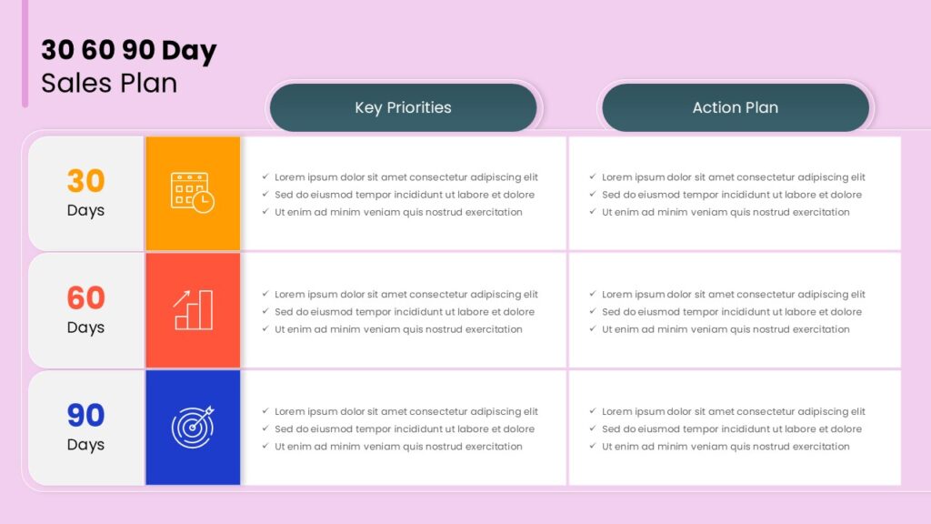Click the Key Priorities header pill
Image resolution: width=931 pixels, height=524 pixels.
point(403,107)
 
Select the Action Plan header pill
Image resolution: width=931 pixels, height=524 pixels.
point(735,107)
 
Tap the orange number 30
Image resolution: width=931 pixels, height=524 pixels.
point(85,181)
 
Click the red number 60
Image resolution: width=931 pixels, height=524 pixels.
point(85,297)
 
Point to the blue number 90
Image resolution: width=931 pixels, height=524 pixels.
point(85,415)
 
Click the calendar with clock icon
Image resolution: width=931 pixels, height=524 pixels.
point(193,193)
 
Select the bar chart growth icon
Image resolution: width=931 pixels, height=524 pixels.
point(193,309)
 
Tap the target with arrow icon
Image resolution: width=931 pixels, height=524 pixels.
point(193,427)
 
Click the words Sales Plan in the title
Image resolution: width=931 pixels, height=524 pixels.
point(109,83)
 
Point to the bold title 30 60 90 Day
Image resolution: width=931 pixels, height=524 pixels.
point(129,50)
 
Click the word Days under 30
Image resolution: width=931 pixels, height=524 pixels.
point(85,211)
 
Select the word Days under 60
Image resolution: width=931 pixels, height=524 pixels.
point(85,327)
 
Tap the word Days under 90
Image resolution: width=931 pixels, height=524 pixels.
point(85,445)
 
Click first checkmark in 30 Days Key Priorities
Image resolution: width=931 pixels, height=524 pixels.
point(265,176)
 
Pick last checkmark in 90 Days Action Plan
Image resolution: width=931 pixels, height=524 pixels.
point(593,446)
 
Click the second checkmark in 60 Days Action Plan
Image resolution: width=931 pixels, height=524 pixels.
point(593,311)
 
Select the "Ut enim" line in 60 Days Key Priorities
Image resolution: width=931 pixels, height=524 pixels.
point(398,329)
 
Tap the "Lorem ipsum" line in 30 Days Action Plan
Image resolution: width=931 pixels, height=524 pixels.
point(734,177)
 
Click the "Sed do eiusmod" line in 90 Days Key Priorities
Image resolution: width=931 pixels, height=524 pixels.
point(405,429)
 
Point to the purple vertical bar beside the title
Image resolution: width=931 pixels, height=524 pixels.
point(25,54)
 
